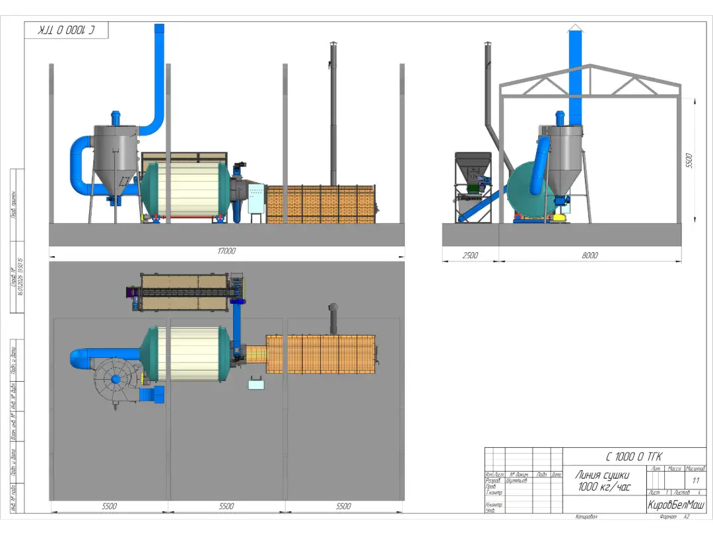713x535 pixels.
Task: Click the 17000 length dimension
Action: coord(227,251)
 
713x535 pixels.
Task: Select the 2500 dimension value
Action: coord(469,255)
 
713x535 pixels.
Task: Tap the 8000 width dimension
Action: coord(590,255)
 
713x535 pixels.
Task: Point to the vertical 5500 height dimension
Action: coord(689,160)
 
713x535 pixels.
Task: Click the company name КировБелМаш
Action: coord(676,505)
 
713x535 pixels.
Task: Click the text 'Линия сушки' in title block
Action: coord(602,475)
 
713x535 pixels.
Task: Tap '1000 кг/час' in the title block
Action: coord(602,487)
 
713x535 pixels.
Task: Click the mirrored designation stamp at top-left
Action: coord(66,30)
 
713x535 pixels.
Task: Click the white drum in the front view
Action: coord(187,189)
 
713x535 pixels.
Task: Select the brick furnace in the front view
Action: coord(320,204)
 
